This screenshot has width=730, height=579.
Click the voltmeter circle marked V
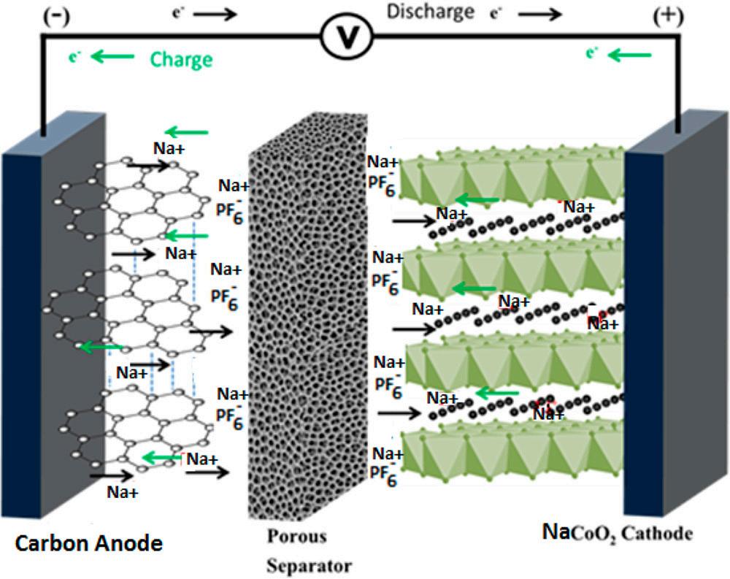pyautogui.click(x=346, y=34)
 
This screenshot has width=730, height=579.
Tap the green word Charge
pyautogui.click(x=181, y=58)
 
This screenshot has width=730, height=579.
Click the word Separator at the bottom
pyautogui.click(x=308, y=565)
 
